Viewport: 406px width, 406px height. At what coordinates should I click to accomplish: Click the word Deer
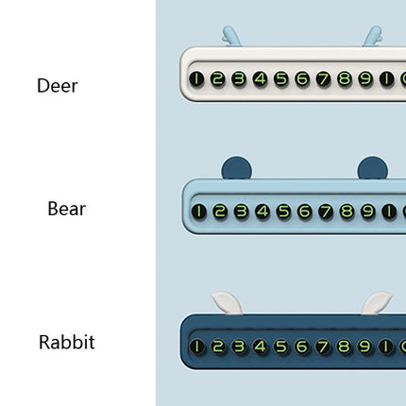[x=58, y=86]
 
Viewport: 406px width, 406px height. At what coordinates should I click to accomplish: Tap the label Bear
[x=67, y=209]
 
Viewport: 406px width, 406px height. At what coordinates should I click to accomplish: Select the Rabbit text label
[x=67, y=342]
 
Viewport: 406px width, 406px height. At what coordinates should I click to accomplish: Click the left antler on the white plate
[x=231, y=37]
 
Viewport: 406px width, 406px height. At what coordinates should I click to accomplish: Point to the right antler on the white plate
[x=373, y=37]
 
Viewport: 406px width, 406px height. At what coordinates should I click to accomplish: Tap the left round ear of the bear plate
[x=236, y=168]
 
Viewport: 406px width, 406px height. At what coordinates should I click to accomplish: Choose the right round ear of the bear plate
[x=373, y=168]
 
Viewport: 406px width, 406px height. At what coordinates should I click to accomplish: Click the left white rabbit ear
[x=228, y=303]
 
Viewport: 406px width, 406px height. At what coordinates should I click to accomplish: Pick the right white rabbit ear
[x=376, y=303]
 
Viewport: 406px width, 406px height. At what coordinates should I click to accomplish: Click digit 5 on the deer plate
[x=281, y=78]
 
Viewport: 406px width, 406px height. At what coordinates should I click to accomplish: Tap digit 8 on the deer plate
[x=345, y=78]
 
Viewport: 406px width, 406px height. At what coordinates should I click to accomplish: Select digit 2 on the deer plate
[x=217, y=78]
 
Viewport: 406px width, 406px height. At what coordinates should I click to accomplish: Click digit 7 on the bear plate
[x=326, y=211]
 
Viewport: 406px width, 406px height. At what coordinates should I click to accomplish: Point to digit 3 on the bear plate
[x=242, y=211]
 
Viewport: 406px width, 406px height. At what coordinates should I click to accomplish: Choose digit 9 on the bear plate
[x=367, y=211]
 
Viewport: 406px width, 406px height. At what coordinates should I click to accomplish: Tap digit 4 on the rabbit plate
[x=260, y=347]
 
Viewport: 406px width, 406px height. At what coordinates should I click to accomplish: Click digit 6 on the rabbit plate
[x=302, y=347]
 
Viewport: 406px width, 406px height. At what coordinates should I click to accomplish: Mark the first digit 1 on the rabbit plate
[x=196, y=347]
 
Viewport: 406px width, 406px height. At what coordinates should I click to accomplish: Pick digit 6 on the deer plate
[x=302, y=78]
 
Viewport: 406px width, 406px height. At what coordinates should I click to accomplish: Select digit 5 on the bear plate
[x=283, y=211]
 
